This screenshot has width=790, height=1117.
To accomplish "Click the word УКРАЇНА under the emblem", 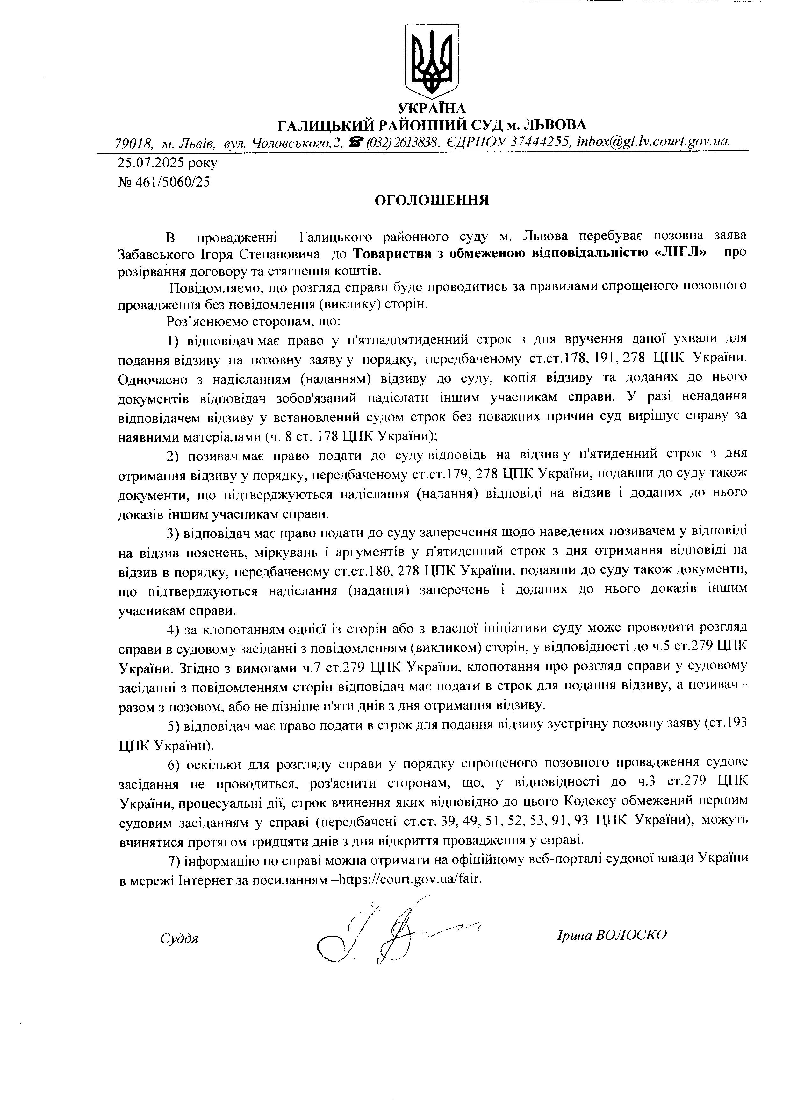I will (x=431, y=108).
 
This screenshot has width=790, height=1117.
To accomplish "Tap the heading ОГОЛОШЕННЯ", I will (x=431, y=201).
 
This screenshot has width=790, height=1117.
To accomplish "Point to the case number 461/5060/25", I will (x=171, y=182).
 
